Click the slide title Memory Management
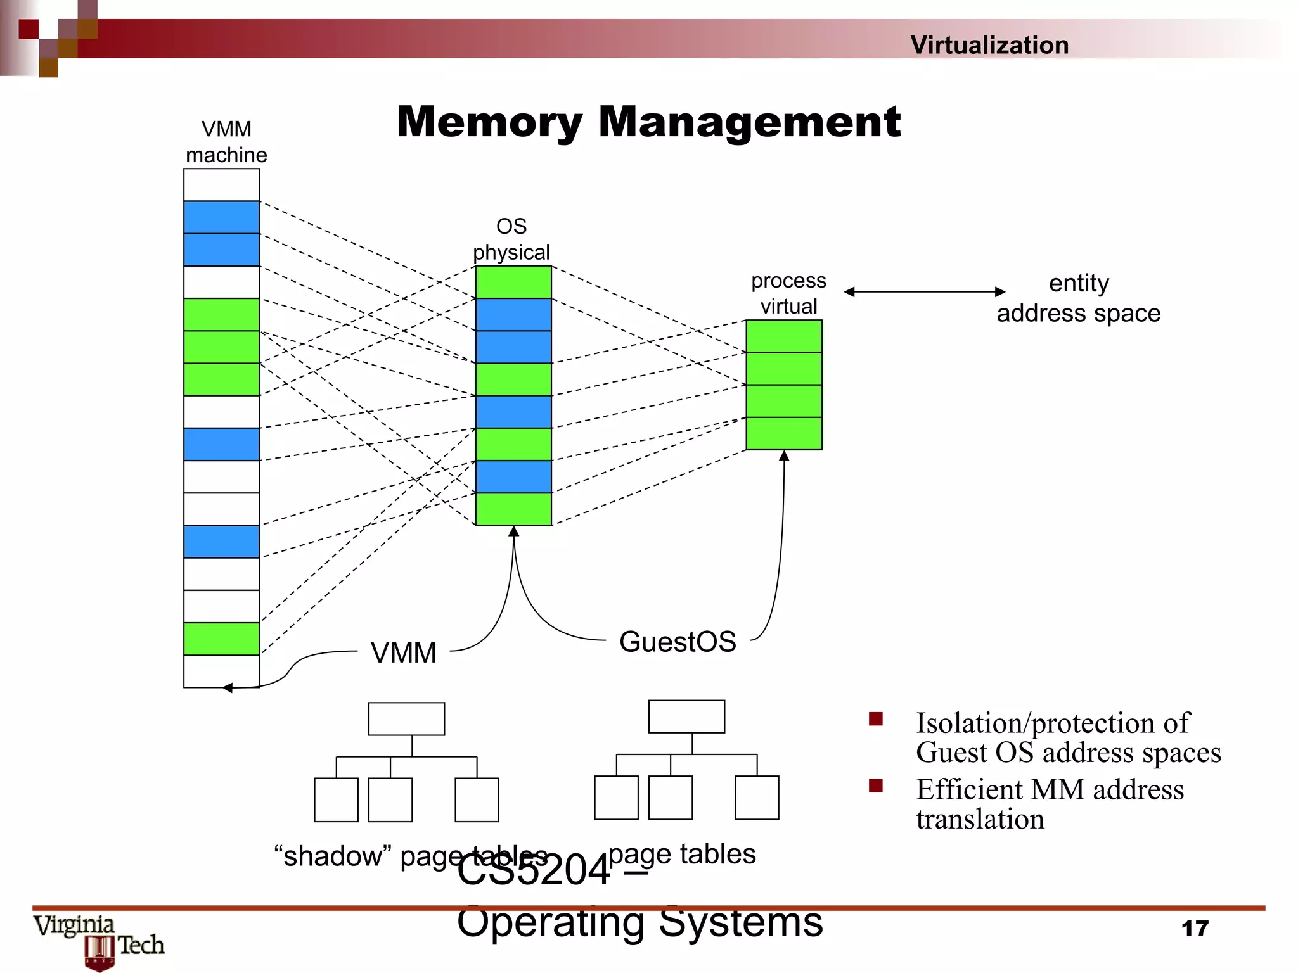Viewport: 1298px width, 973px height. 648,122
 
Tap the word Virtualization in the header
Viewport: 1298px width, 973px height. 989,45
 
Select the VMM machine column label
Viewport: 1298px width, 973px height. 226,142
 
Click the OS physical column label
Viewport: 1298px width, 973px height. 511,239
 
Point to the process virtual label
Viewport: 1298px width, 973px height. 788,293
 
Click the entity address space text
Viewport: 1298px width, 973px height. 1078,298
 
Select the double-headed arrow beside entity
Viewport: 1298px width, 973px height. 924,291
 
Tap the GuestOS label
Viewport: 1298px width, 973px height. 677,642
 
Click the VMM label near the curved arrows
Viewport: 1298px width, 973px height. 403,652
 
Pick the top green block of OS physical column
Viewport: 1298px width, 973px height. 513,282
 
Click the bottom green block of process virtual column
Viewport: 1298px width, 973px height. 784,433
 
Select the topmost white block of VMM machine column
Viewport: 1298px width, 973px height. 221,184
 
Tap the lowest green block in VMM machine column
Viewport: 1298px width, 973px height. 221,639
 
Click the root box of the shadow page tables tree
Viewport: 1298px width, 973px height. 406,718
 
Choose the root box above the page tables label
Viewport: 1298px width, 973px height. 686,716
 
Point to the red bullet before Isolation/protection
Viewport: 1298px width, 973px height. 876,719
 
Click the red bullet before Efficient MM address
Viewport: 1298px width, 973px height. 876,785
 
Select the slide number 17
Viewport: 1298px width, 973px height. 1195,929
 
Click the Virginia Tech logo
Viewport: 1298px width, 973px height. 100,941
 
